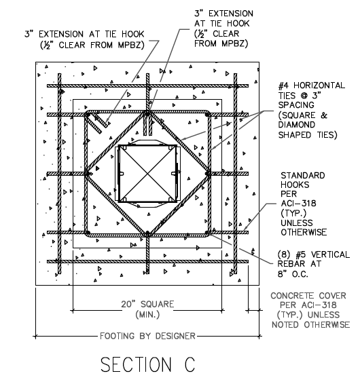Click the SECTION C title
(148, 364)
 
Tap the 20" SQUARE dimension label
(147, 304)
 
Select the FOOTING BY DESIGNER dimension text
(147, 336)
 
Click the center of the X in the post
(147, 174)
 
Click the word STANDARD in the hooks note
(303, 176)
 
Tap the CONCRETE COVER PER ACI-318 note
(310, 310)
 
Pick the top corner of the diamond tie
(147, 113)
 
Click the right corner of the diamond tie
(208, 174)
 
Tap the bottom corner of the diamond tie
(147, 233)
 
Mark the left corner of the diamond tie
(87, 174)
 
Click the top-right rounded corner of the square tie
(208, 114)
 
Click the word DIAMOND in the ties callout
(297, 125)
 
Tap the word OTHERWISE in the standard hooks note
(304, 233)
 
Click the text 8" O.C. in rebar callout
(293, 274)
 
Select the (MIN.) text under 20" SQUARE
(147, 315)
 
